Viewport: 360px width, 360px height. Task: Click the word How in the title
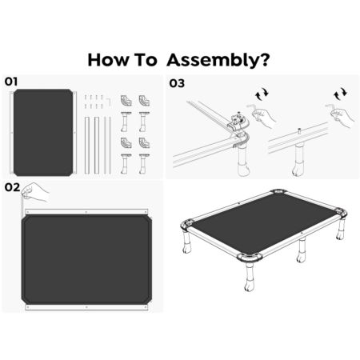[x=108, y=60]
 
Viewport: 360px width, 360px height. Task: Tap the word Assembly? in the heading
[x=218, y=61]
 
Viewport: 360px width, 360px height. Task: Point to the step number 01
[x=11, y=82]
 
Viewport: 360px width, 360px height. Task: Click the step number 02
[x=12, y=187]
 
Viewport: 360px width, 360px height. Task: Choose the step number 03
[x=177, y=83]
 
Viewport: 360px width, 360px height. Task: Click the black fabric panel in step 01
[x=43, y=133]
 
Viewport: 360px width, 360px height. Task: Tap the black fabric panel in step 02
[x=86, y=259]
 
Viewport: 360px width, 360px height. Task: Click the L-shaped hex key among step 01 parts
[x=109, y=102]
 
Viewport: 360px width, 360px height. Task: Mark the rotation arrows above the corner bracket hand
[x=262, y=94]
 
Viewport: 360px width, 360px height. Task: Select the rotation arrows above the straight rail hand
[x=340, y=94]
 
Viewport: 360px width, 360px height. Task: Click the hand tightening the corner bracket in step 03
[x=264, y=118]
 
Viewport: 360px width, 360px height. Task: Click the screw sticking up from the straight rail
[x=299, y=130]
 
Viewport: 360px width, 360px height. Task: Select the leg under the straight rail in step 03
[x=299, y=159]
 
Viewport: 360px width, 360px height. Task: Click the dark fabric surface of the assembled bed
[x=263, y=223]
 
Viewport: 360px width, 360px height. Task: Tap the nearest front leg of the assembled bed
[x=249, y=278]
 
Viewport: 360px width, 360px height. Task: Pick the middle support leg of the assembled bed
[x=302, y=250]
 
